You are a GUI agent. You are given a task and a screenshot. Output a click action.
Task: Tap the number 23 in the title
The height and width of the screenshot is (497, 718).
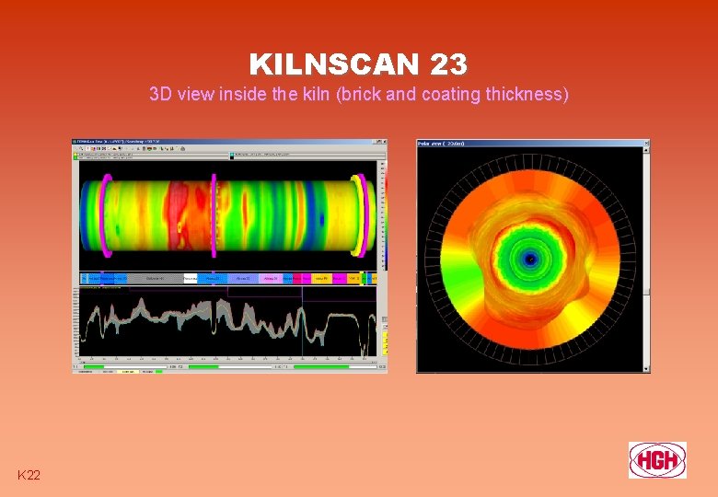[x=448, y=64]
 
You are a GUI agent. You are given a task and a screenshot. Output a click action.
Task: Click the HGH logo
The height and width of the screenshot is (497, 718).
[x=657, y=459]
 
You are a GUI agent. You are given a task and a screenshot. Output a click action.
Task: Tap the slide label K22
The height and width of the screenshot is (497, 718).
[x=29, y=474]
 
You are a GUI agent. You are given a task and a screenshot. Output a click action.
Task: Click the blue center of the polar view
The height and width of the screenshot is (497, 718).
[x=528, y=260]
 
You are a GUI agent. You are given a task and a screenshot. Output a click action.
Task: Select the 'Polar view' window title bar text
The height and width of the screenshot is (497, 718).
[x=443, y=144]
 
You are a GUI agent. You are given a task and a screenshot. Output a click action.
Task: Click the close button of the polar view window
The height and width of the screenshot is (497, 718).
[x=645, y=144]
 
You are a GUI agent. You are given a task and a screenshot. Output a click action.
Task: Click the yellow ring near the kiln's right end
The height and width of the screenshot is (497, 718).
[x=365, y=214]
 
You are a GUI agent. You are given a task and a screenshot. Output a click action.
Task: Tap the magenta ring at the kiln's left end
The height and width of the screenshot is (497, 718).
[x=107, y=214]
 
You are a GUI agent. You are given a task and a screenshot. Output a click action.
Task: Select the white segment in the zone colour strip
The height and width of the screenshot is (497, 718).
[x=191, y=278]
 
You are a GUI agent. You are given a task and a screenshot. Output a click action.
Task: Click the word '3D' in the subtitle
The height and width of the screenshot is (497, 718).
[x=160, y=94]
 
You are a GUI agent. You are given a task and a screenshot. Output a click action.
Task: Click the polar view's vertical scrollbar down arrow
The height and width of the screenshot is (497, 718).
[x=646, y=367]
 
